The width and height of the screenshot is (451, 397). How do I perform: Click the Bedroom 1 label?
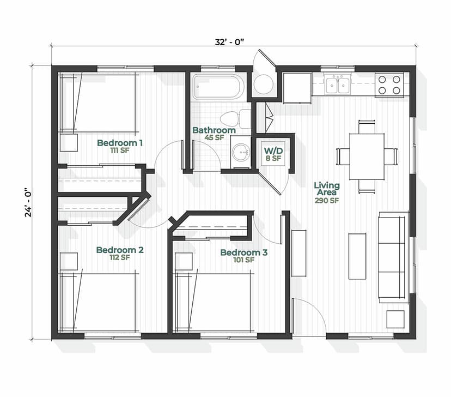tap(120, 143)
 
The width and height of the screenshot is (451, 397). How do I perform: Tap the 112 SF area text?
tap(120, 258)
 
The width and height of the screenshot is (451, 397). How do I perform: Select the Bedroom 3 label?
tap(244, 253)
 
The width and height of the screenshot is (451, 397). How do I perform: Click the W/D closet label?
tap(272, 150)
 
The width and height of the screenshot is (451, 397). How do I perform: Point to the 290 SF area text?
tap(327, 200)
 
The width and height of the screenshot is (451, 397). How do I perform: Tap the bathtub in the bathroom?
tap(218, 87)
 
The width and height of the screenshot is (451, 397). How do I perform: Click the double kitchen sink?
tap(338, 86)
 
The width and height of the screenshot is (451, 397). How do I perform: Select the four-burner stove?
tap(389, 85)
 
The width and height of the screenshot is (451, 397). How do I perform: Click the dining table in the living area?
tap(366, 157)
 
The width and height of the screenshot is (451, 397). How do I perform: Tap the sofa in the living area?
tap(393, 257)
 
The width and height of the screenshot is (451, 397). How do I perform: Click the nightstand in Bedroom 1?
tap(69, 143)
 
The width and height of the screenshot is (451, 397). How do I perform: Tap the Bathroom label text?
tap(214, 130)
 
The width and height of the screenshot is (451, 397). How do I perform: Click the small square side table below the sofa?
tap(395, 319)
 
